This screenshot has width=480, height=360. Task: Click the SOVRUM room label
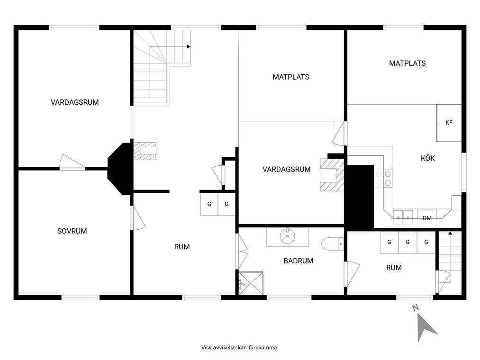click(x=72, y=231)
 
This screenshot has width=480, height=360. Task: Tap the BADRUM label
click(x=298, y=261)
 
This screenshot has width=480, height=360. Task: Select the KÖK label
click(x=428, y=158)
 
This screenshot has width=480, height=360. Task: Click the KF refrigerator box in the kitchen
click(x=449, y=123)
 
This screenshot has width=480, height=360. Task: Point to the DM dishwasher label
click(x=427, y=218)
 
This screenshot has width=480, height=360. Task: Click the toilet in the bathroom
click(x=333, y=243)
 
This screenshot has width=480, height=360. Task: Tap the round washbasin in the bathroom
click(x=288, y=236)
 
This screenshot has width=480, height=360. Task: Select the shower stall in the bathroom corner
click(x=251, y=283)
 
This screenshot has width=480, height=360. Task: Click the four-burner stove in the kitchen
click(x=383, y=179)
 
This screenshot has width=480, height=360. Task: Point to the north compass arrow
click(x=426, y=327)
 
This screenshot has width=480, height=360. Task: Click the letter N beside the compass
click(x=416, y=307)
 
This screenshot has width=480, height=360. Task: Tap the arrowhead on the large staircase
click(x=189, y=46)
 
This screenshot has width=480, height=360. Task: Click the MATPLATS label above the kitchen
click(x=407, y=63)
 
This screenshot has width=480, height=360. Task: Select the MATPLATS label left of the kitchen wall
click(x=291, y=77)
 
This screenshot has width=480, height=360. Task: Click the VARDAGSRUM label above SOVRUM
click(x=75, y=102)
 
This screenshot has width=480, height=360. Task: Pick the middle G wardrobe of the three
click(x=408, y=242)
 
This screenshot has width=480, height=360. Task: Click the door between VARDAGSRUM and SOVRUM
click(x=72, y=162)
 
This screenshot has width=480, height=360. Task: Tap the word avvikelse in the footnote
click(x=225, y=348)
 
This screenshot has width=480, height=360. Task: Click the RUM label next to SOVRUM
click(x=182, y=247)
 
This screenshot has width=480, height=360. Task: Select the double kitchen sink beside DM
click(x=403, y=216)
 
